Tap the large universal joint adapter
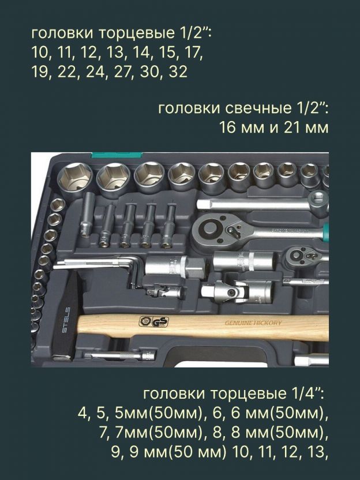click(x=236, y=291)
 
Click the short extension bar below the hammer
click(x=119, y=356)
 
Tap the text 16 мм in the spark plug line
click(x=242, y=127)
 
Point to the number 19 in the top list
click(x=40, y=72)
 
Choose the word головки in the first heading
click(x=63, y=33)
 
